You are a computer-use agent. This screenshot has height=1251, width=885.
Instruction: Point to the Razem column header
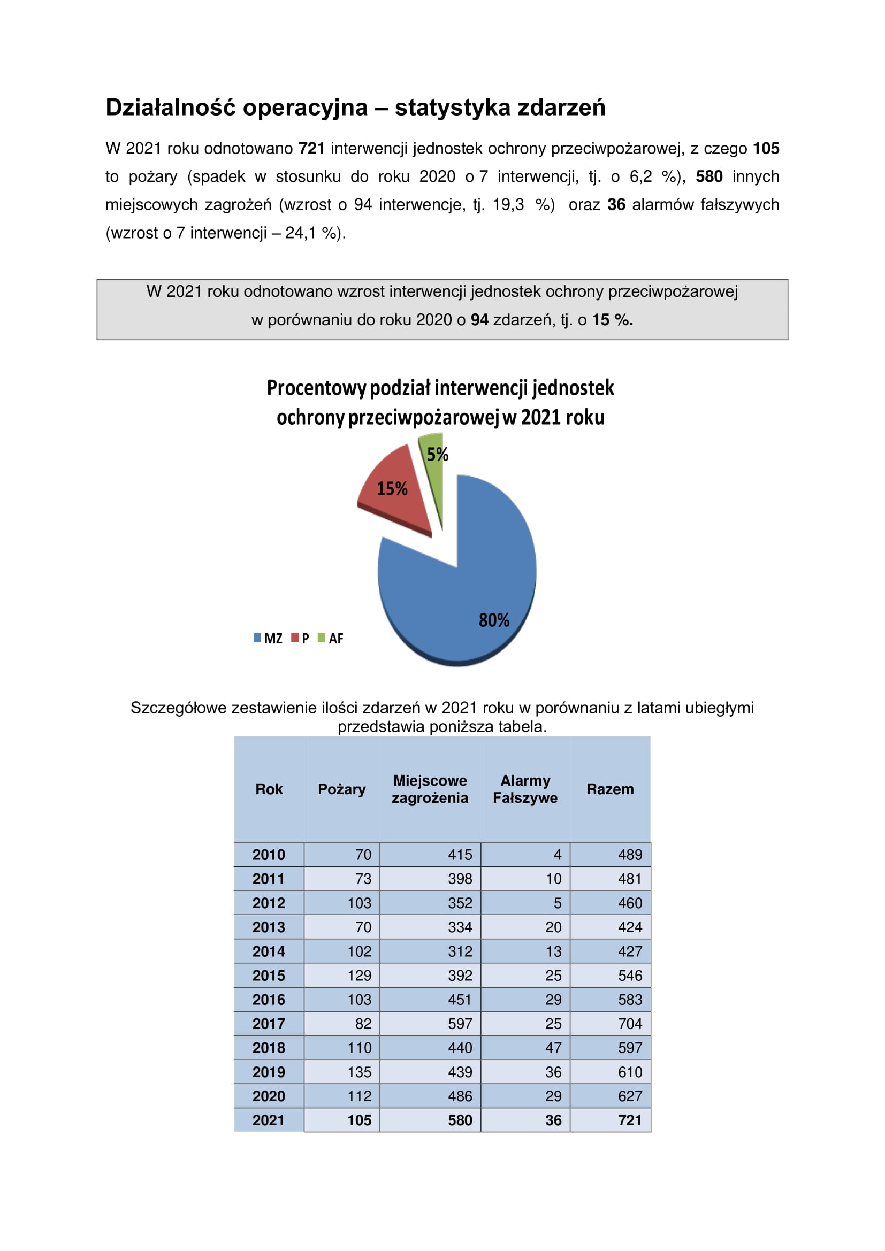610,789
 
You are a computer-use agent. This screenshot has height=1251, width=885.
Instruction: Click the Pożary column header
342,789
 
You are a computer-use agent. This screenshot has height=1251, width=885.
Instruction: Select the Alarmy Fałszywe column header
525,789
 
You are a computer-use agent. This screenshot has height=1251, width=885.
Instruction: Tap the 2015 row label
269,976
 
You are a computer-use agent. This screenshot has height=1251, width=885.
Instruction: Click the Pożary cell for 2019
359,1072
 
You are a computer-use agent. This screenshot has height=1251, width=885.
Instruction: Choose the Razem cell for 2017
630,1024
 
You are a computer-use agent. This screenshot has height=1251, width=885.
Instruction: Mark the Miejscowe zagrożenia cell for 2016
460,999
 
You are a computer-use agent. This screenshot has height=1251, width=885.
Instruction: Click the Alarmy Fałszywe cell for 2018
553,1048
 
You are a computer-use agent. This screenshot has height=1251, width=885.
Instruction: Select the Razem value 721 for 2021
630,1120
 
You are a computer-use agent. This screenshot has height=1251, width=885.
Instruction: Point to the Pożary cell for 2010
363,854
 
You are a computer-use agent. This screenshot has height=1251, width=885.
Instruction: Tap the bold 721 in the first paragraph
312,148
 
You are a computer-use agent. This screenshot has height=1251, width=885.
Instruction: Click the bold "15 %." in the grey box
613,320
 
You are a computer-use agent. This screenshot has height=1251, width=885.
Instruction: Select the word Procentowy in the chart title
316,388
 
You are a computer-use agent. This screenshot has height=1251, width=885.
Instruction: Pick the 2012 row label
269,903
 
